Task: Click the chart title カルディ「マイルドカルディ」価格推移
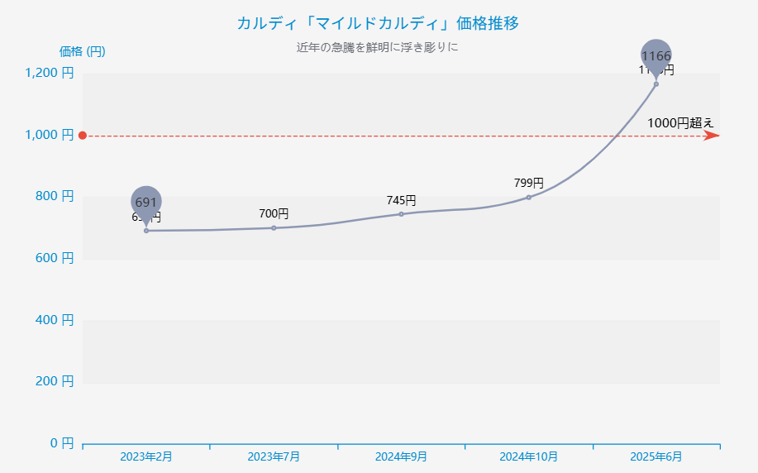[378, 23]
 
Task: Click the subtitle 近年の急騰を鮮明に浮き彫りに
[378, 47]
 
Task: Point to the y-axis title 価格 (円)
[82, 51]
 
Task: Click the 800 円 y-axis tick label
[55, 196]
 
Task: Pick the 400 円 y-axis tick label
[55, 319]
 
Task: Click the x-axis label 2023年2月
[146, 456]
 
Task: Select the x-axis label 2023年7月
[274, 456]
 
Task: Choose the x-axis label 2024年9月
[401, 456]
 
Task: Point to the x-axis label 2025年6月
[656, 456]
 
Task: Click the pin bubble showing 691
[146, 201]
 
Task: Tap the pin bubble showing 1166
[656, 55]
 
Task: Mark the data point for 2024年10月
[529, 197]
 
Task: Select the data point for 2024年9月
[401, 214]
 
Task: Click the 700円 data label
[274, 213]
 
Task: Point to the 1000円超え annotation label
[680, 122]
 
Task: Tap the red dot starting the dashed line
[83, 136]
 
